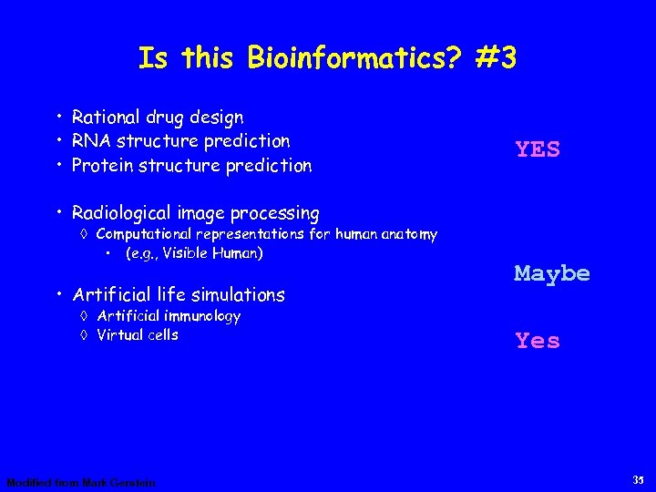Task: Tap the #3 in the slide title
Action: [x=496, y=58]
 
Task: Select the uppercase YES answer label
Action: [x=538, y=149]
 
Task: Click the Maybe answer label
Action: [x=552, y=272]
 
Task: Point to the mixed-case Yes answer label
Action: [x=538, y=341]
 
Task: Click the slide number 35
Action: [x=637, y=479]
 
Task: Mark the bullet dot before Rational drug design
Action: [x=58, y=117]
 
